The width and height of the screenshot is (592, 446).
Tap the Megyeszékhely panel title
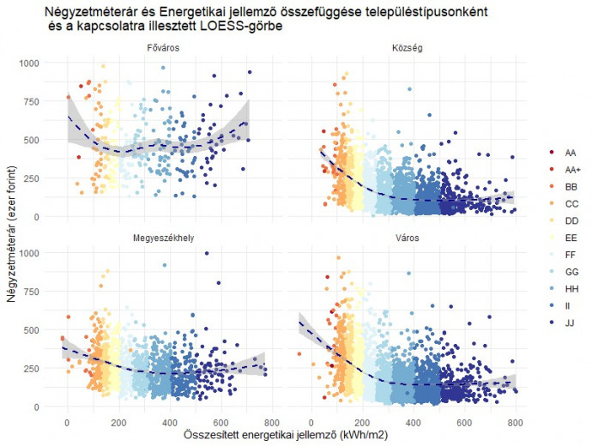click(162, 238)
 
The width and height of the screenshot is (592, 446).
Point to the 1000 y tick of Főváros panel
click(27, 63)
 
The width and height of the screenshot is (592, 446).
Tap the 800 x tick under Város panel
click(515, 423)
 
